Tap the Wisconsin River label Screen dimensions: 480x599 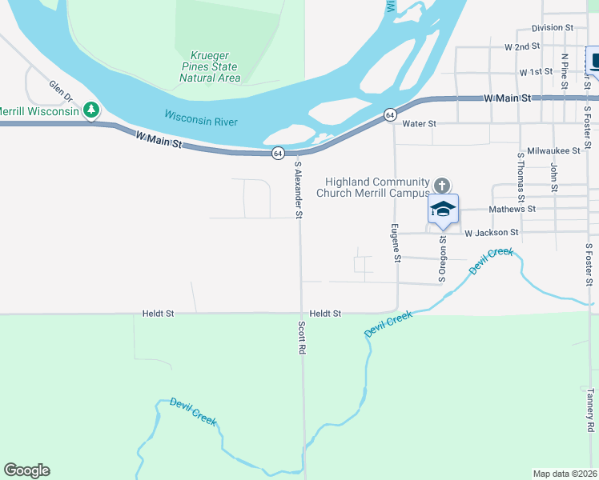point(202,119)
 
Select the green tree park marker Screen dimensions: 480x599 point(92,110)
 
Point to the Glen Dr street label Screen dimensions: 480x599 point(61,91)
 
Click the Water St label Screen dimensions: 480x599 point(419,124)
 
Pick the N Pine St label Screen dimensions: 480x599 point(565,69)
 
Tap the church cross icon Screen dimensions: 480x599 point(440,186)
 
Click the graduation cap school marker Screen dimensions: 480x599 point(443,210)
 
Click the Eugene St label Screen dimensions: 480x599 point(396,243)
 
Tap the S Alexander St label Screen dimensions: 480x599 point(299,190)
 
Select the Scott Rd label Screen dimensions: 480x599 point(302,338)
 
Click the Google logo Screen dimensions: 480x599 point(26,470)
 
